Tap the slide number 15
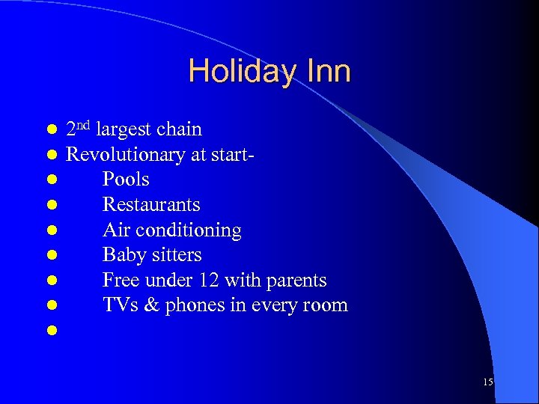click(488, 382)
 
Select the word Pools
click(126, 180)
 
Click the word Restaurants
click(151, 204)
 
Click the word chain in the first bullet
click(179, 129)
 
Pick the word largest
click(124, 130)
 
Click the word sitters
click(177, 255)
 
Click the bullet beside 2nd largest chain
click(51, 130)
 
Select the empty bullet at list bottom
click(51, 330)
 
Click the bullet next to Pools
click(51, 180)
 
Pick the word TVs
click(118, 305)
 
